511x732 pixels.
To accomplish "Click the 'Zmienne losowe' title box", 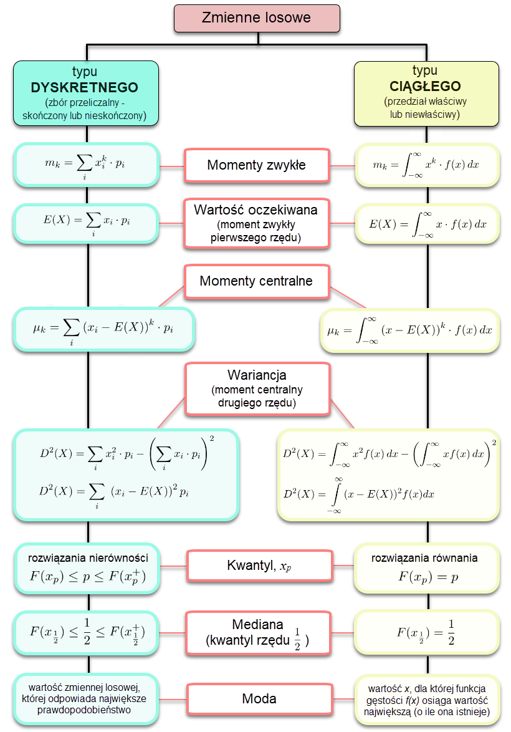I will tap(256, 17).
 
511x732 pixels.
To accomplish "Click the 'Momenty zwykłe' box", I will tap(256, 166).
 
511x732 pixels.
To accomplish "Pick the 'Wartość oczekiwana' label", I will tap(256, 210).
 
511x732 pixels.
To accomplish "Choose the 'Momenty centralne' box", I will tap(256, 281).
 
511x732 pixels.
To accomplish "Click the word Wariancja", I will tap(256, 375).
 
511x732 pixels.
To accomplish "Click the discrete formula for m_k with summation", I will tap(85, 165).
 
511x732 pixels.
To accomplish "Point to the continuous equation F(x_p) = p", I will tap(427, 577).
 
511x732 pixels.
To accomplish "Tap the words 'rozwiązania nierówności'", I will tap(87, 557).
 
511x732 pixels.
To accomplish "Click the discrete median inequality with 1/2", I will tap(87, 632).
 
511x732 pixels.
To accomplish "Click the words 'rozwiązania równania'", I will tap(424, 558).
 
